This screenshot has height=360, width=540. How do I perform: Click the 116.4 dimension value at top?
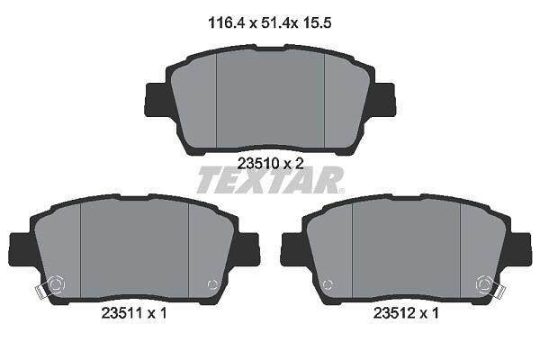coord(226,23)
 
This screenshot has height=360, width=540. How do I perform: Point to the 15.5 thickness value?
coord(317,23)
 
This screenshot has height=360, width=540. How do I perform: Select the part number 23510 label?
coord(258,163)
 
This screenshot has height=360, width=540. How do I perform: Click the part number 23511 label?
coord(122,313)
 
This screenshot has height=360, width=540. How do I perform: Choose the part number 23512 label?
coord(394,313)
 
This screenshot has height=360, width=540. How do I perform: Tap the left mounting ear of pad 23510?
coord(157,99)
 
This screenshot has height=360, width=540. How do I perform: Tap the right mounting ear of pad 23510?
coord(383,99)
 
